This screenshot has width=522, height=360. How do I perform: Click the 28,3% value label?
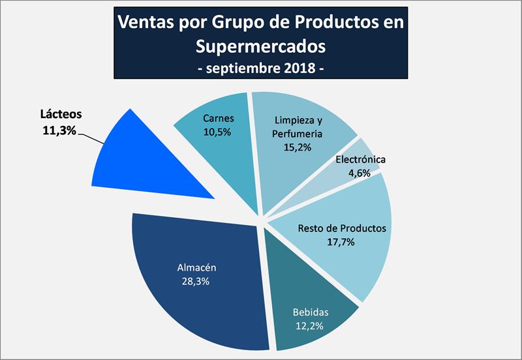pos(196,282)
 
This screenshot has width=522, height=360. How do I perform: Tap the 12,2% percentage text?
pos(309,325)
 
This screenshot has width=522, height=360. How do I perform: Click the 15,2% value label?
pos(298,147)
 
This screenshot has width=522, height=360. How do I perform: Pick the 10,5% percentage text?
pos(218,132)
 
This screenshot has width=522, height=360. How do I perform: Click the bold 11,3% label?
pos(58,130)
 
